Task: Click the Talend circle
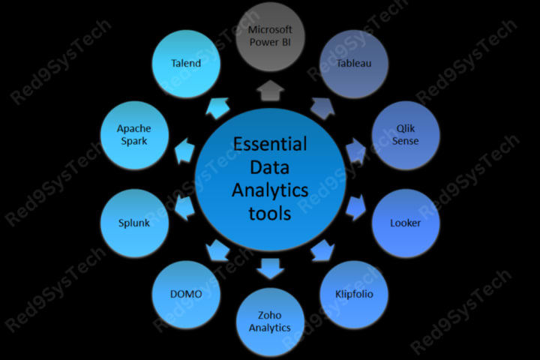coord(186,63)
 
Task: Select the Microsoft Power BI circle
coord(270,34)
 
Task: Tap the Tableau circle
coord(354,63)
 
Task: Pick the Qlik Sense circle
coord(406,135)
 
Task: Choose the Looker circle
coord(406,223)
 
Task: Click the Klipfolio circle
coord(354,293)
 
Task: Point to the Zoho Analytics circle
coord(270,322)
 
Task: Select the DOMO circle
coord(186,293)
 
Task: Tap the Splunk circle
coord(134,223)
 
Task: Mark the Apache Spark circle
coord(134,135)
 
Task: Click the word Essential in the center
coord(270,143)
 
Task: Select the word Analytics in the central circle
coord(270,190)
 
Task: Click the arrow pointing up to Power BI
coord(270,91)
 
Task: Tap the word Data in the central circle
coord(270,166)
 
